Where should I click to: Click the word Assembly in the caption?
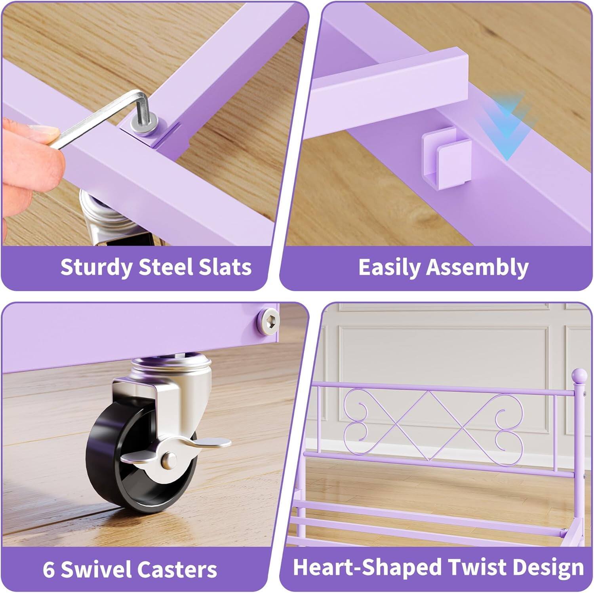pyautogui.click(x=477, y=267)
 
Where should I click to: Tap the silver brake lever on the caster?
pyautogui.click(x=210, y=442)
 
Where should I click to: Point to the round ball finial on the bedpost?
pyautogui.click(x=580, y=374)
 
